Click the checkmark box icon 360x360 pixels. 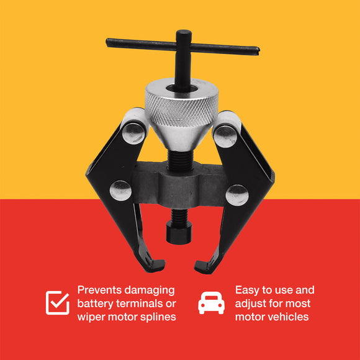[x=58, y=302]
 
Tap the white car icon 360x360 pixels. [x=210, y=303]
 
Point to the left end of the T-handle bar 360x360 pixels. [x=109, y=42]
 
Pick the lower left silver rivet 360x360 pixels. [x=120, y=191]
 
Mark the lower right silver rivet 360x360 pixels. [x=236, y=195]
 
